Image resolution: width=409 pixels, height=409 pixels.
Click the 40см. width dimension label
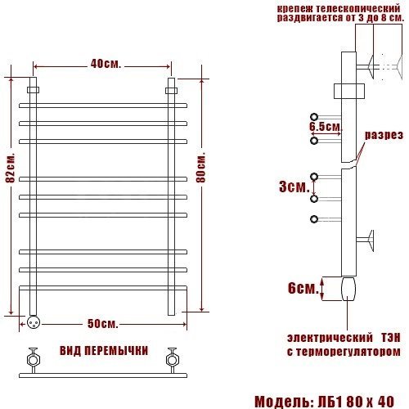tap(106, 64)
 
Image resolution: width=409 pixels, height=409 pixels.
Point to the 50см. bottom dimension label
tap(103, 324)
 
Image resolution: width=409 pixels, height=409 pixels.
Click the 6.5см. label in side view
tap(326, 127)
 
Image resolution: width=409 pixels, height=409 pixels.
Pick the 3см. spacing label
tap(294, 187)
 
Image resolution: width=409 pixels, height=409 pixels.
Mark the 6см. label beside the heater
tap(303, 288)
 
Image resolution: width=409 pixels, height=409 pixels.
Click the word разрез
tap(384, 135)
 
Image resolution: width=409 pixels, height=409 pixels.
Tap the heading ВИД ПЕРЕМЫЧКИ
tap(104, 351)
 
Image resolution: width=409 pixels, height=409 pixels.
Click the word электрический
tap(330, 338)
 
